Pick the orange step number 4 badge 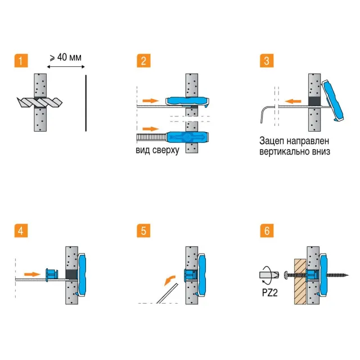[x=20, y=231]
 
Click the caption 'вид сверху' [x=157, y=151]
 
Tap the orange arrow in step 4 [x=33, y=274]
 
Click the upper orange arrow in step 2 [x=150, y=100]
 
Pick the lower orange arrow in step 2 [x=150, y=129]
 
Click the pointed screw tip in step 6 [x=346, y=274]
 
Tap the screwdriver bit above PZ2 [x=269, y=275]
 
